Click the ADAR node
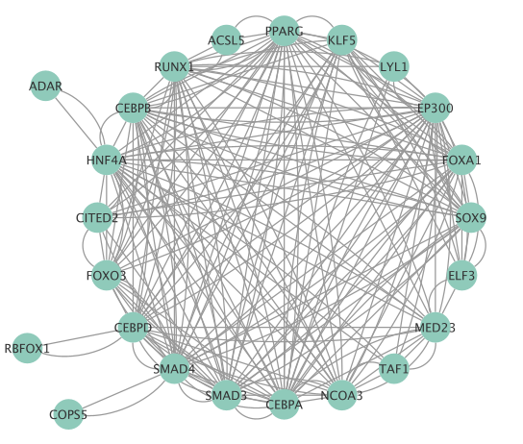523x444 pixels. click(x=45, y=86)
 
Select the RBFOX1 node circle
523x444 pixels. click(x=27, y=348)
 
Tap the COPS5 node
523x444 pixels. click(x=68, y=414)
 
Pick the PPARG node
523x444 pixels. click(x=284, y=31)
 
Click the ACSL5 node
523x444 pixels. click(x=226, y=40)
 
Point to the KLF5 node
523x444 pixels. click(x=342, y=40)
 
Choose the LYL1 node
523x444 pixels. click(x=394, y=66)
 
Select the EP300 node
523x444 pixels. click(x=435, y=108)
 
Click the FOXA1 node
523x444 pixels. click(x=461, y=160)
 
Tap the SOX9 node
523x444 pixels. click(x=471, y=217)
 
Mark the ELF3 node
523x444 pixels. click(x=461, y=275)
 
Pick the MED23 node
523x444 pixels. click(x=435, y=328)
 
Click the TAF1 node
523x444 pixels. click(x=394, y=369)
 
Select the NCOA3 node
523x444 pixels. click(x=342, y=395)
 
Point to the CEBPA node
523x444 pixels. click(x=284, y=405)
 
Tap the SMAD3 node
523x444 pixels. click(x=226, y=395)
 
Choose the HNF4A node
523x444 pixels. click(x=107, y=160)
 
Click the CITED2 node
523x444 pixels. click(x=97, y=217)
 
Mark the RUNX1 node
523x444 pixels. click(x=174, y=66)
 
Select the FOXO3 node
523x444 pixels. click(x=107, y=275)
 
